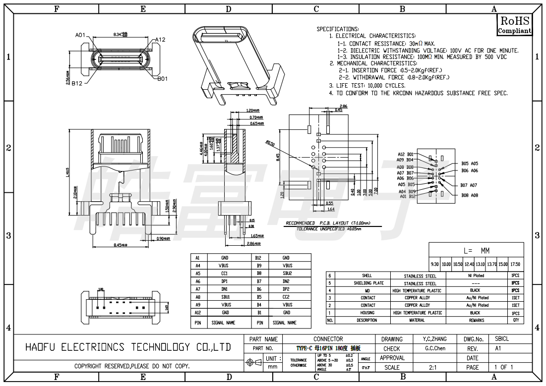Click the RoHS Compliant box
click(x=514, y=25)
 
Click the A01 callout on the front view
click(x=80, y=35)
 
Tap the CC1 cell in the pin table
click(x=225, y=274)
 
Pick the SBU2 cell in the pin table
click(x=286, y=274)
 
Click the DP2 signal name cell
click(x=286, y=289)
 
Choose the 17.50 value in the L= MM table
click(x=515, y=264)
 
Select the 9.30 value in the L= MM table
click(x=435, y=264)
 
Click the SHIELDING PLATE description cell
click(x=366, y=283)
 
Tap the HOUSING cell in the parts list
click(x=367, y=313)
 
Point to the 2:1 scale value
click(x=432, y=368)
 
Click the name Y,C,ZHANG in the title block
click(x=434, y=339)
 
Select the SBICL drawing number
click(x=502, y=339)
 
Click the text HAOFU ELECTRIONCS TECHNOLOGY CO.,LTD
click(x=128, y=347)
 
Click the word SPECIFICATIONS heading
click(x=337, y=29)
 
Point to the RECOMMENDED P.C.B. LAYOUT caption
click(x=324, y=223)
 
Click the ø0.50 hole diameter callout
click(x=270, y=143)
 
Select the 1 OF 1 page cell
click(x=503, y=368)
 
